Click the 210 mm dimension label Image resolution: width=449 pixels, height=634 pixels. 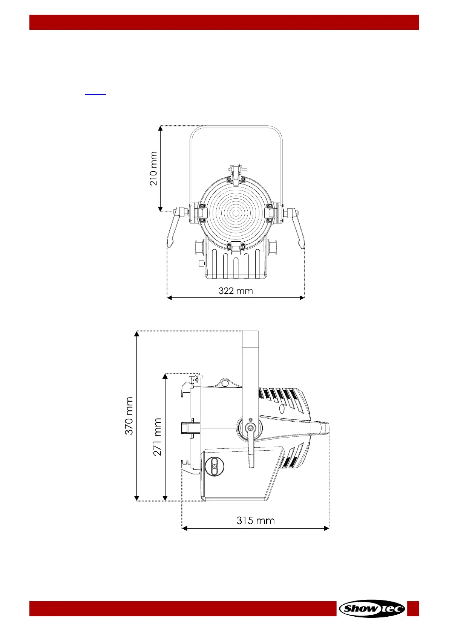click(x=153, y=169)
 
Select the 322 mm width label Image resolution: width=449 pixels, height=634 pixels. click(x=236, y=291)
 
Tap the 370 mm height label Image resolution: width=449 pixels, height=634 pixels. click(x=129, y=416)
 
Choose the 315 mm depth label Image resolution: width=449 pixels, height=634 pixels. click(x=255, y=521)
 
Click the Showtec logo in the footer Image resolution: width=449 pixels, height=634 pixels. click(x=372, y=608)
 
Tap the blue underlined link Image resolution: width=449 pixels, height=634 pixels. click(x=95, y=94)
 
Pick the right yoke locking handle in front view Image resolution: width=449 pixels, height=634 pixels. click(x=295, y=226)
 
